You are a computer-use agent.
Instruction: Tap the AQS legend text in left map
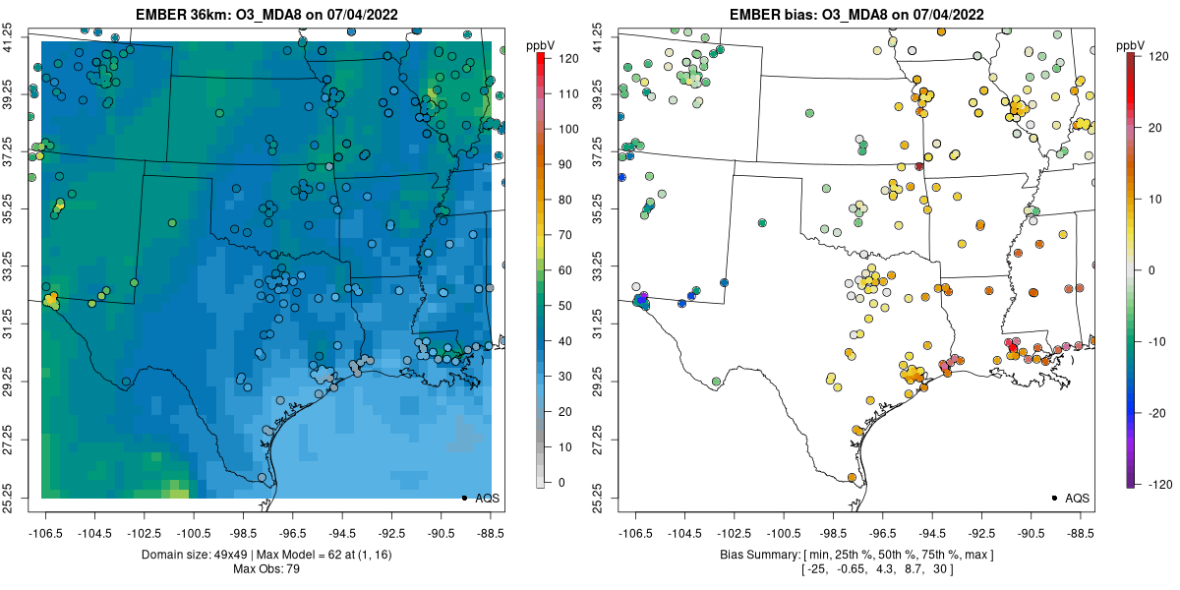tap(488, 499)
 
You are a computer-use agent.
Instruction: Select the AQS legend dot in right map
tap(1054, 499)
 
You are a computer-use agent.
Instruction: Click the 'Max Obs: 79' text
tap(265, 569)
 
